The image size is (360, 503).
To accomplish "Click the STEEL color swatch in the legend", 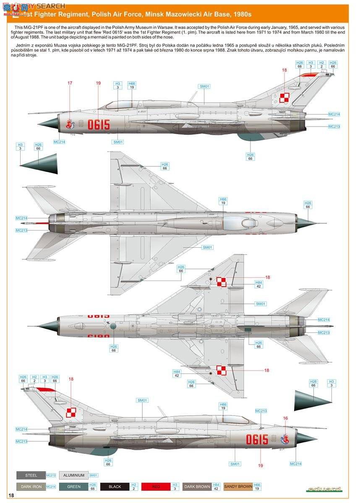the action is coord(31,475).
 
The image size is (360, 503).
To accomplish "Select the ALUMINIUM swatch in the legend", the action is coord(73,475).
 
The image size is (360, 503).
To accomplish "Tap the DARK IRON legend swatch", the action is coord(31,487).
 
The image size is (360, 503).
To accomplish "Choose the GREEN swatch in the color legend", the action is coord(73,487).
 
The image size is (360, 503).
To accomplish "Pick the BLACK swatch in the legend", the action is coord(115,487).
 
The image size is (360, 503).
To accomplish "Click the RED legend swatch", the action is coord(156,487).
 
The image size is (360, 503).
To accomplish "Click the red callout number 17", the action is coord(70,83).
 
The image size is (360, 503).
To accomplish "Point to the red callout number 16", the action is coord(285,418).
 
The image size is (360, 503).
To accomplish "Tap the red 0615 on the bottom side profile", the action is coord(257,439).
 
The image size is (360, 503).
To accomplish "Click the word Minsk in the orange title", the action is coord(155,14).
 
